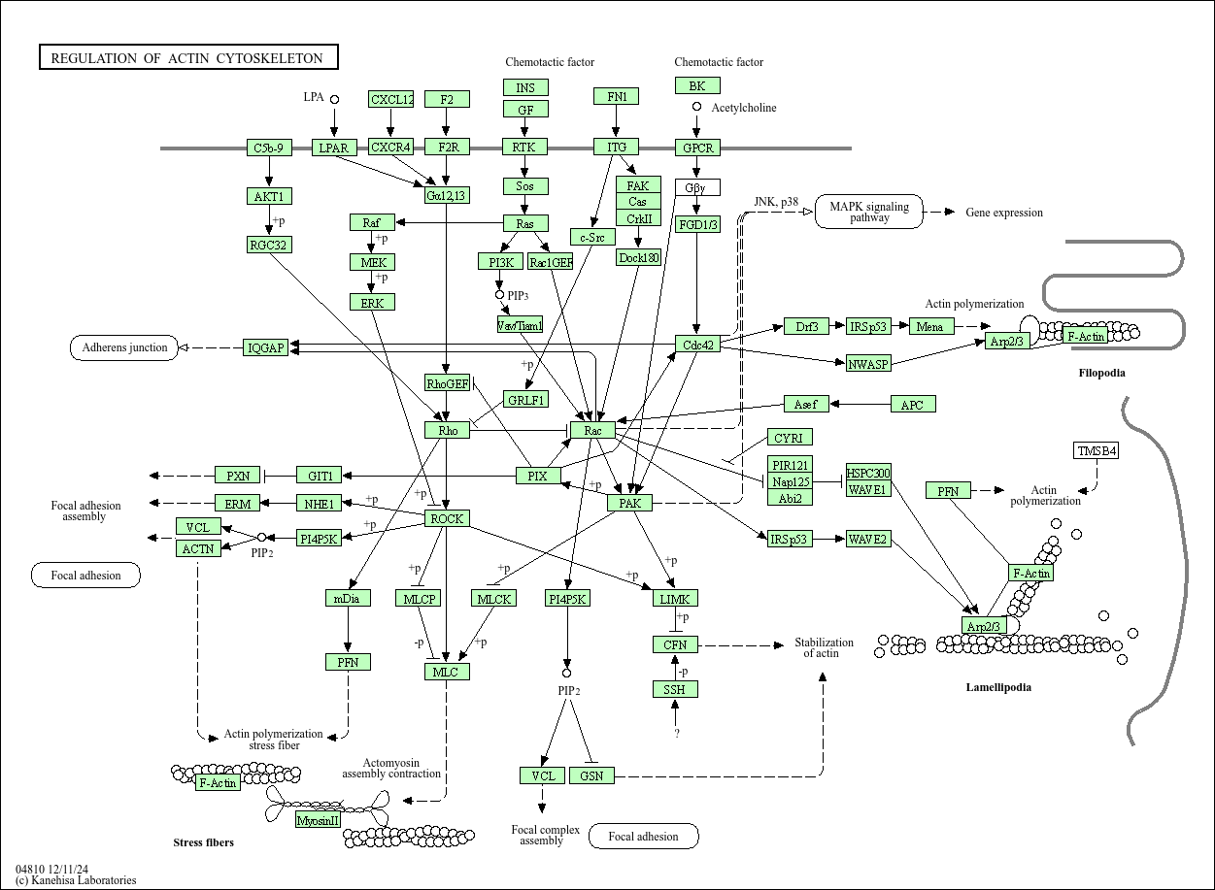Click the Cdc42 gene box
click(697, 345)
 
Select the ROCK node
click(447, 518)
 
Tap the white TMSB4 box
click(1097, 450)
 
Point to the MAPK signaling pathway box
click(869, 212)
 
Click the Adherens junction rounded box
click(124, 347)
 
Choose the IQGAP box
click(265, 347)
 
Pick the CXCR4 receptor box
click(390, 148)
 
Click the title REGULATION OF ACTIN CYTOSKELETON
click(187, 58)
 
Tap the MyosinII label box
click(319, 820)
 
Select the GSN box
click(591, 775)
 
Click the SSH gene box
click(675, 689)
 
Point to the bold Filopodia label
click(1101, 373)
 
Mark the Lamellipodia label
click(998, 687)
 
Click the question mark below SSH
click(677, 734)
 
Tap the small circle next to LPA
click(334, 99)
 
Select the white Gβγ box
click(697, 187)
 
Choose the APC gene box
click(912, 404)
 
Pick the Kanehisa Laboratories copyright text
click(76, 880)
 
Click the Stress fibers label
click(203, 841)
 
